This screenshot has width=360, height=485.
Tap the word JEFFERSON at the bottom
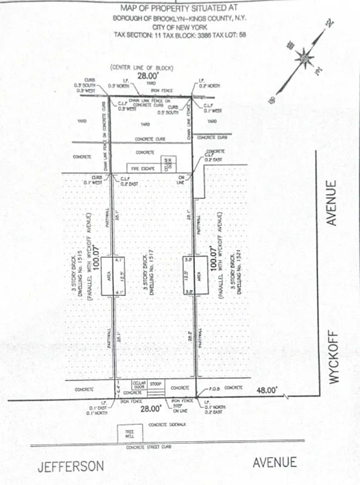click(70, 466)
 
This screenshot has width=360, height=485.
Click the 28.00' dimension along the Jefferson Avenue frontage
click(149, 409)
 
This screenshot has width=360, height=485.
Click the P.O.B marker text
click(214, 387)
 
